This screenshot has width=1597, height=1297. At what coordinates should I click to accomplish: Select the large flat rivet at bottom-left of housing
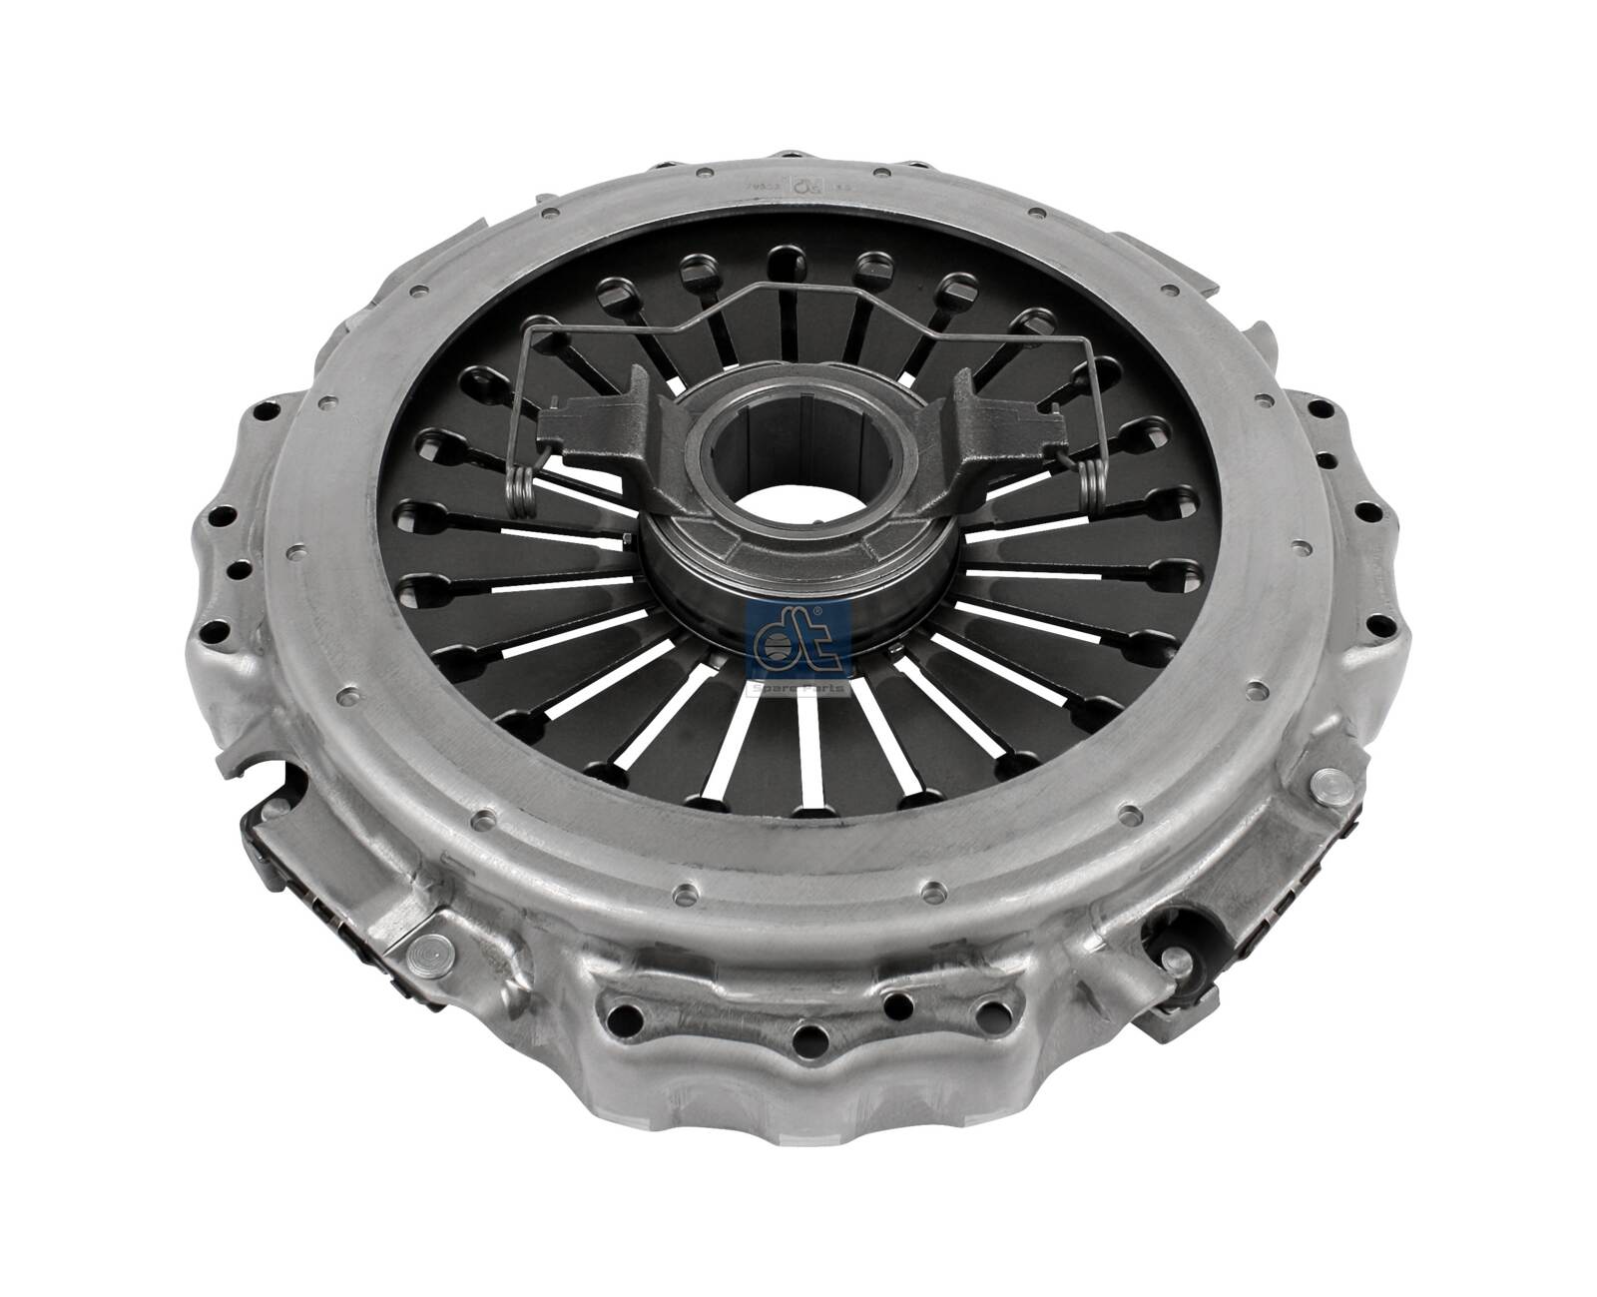coord(431,951)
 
